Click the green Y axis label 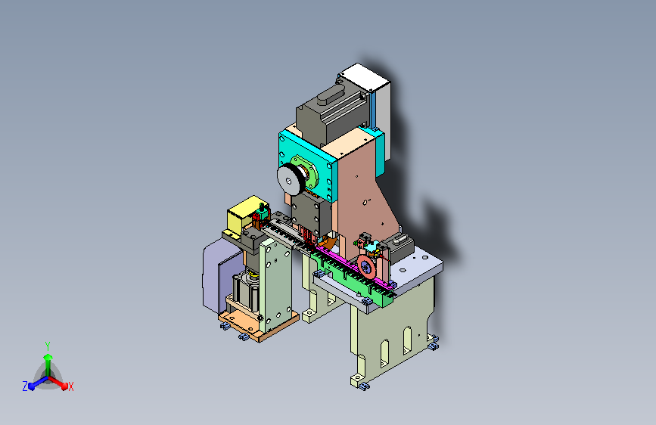click(48, 346)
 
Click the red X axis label click(70, 386)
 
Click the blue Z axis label click(25, 386)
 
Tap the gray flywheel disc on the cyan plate click(289, 179)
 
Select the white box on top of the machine click(368, 92)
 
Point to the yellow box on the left click(242, 216)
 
